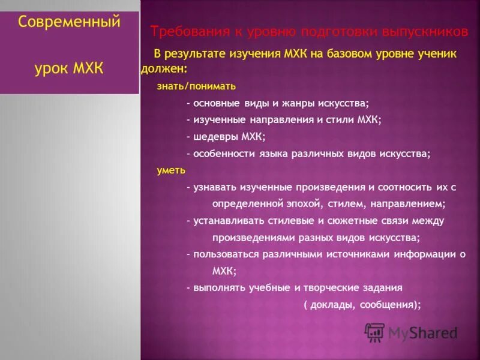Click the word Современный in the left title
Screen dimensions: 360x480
coord(69,22)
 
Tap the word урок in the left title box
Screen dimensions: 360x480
coord(52,68)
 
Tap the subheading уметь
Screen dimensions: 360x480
coord(171,170)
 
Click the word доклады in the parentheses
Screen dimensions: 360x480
coord(331,304)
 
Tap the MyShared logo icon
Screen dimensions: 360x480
coord(374,332)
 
